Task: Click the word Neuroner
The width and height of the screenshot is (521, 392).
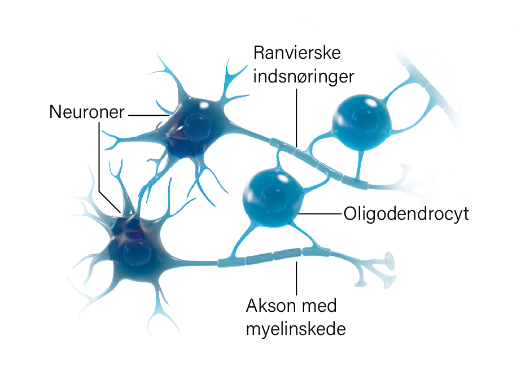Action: pos(87,112)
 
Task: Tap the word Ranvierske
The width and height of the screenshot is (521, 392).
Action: pos(297,53)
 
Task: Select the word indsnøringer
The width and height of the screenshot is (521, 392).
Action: pos(304,76)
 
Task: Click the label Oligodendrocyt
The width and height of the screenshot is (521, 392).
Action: pos(406,214)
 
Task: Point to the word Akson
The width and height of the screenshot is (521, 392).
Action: pos(271,306)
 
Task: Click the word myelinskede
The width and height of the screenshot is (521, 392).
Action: pos(296,329)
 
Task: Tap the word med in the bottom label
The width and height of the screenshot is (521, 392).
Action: pos(319,306)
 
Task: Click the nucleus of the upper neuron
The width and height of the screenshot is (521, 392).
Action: pos(196,127)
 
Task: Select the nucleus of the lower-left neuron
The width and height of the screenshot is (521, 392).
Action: pos(137,252)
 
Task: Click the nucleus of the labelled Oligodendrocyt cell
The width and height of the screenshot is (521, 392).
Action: pos(273,199)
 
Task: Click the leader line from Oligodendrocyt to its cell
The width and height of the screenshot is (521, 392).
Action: pos(320,214)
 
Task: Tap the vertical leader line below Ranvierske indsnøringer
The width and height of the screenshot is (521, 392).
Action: pos(296,117)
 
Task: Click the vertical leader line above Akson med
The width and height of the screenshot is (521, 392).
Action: pos(296,278)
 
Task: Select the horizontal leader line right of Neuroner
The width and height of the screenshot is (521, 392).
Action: pos(149,115)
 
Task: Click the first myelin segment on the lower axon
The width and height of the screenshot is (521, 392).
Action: pos(231,262)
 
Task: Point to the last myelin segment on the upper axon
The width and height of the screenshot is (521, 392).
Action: pos(356,182)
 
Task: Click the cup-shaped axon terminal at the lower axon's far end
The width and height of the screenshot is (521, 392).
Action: pos(389,260)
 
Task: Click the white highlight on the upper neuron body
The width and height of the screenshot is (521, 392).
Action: pos(203,106)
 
